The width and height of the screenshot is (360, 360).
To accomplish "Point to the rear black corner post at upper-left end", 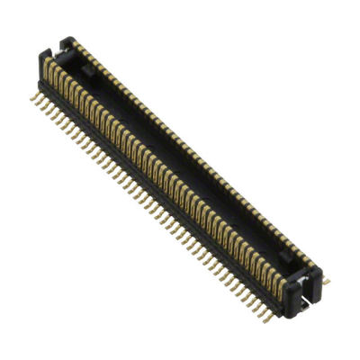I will [x=71, y=40].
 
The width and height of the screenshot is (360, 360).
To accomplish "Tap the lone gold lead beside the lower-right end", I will [x=326, y=282].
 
